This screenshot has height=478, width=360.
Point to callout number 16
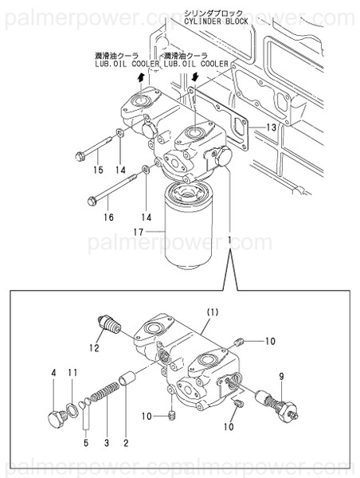[x=108, y=217]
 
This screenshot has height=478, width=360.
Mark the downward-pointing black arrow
[x=193, y=76]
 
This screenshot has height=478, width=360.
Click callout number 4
[x=53, y=372]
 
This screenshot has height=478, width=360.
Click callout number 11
[x=72, y=372]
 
